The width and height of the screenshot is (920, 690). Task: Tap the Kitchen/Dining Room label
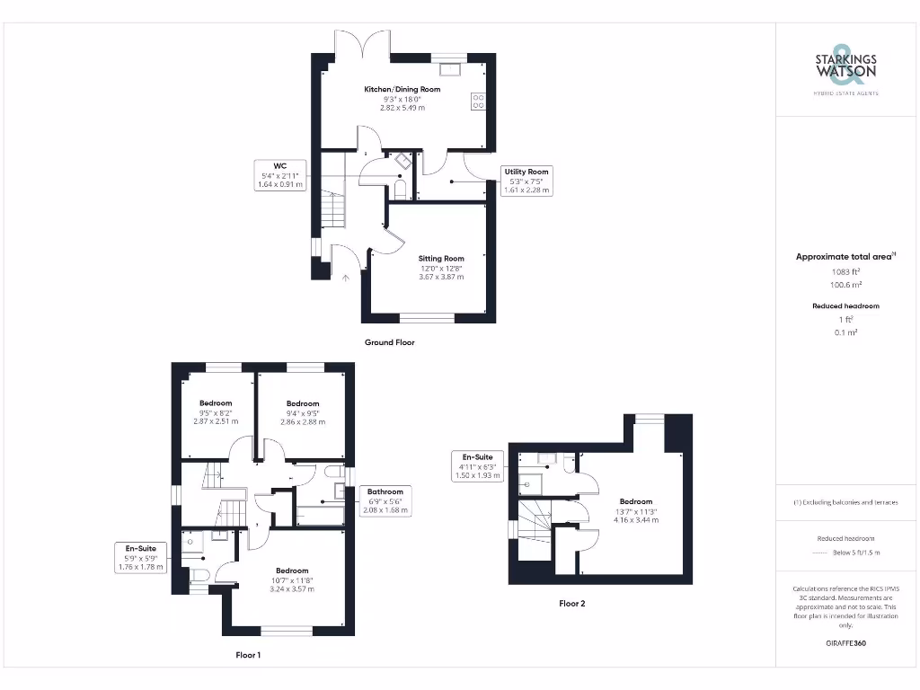402,98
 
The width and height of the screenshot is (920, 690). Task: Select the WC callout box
279,175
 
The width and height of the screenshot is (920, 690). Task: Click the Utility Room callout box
526,181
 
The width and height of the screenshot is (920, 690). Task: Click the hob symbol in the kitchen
478,102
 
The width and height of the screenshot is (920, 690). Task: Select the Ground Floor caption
389,342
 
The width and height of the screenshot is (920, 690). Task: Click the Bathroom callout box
385,500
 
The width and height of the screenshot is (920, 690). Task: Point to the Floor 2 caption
571,604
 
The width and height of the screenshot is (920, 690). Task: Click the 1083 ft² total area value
845,271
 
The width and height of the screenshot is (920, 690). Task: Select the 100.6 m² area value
845,284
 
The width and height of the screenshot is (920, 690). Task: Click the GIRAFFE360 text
845,643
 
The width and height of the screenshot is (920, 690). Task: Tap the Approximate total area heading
845,257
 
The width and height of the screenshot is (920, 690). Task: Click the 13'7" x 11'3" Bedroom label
636,510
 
